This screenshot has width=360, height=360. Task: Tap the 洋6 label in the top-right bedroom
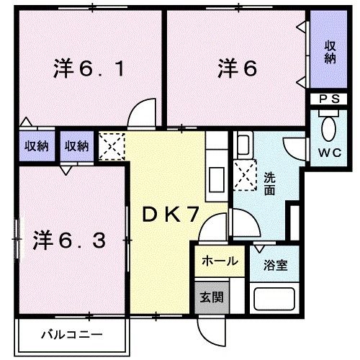coord(237,70)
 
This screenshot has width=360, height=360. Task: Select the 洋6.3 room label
coord(71,239)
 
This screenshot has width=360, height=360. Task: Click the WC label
coord(330,153)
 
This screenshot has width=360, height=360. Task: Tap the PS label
coord(330,99)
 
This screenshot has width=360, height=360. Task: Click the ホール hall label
coord(219,261)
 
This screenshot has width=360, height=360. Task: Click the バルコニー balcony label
coord(71,334)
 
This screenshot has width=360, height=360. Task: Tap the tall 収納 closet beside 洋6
coord(330,52)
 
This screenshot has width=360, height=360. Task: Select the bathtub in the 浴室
coord(276,297)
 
